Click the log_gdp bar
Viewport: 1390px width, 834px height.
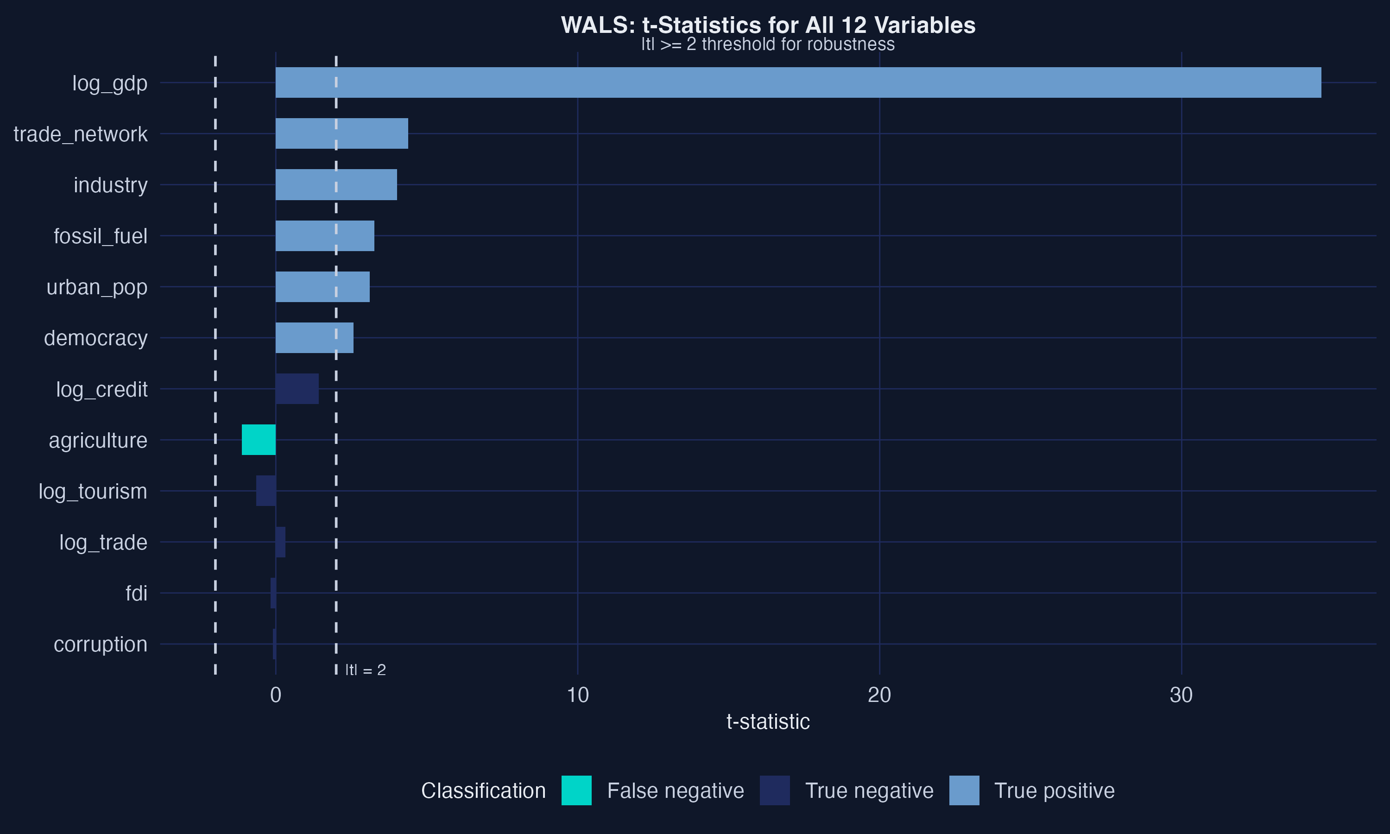point(798,82)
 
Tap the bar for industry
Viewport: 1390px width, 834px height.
point(336,184)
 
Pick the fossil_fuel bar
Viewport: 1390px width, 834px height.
point(325,235)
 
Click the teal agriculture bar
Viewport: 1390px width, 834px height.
point(259,440)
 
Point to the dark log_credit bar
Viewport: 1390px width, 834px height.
point(297,388)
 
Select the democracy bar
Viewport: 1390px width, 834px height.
point(314,338)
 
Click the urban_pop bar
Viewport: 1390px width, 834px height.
point(322,287)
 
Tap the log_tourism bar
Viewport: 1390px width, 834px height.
point(266,491)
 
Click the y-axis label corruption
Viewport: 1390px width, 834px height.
point(100,644)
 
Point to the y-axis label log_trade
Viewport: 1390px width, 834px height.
point(103,542)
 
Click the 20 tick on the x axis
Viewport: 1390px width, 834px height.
point(879,695)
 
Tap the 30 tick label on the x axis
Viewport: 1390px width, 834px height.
point(1181,695)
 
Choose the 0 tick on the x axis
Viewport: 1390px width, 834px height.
point(275,695)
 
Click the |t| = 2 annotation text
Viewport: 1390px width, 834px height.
point(365,670)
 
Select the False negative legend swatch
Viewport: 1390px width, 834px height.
point(576,790)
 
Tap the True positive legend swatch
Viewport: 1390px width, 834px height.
point(964,790)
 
